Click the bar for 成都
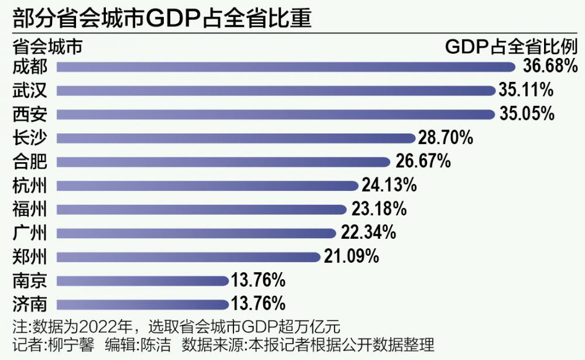pyautogui.click(x=285, y=67)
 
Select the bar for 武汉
pyautogui.click(x=276, y=91)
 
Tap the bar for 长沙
pyautogui.click(x=236, y=138)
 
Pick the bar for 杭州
pyautogui.click(x=207, y=186)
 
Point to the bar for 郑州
pyautogui.click(x=189, y=257)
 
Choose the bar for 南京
pyautogui.click(x=143, y=281)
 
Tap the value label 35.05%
pyautogui.click(x=526, y=114)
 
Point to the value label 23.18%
pyautogui.click(x=379, y=209)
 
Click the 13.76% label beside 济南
pyautogui.click(x=258, y=304)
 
